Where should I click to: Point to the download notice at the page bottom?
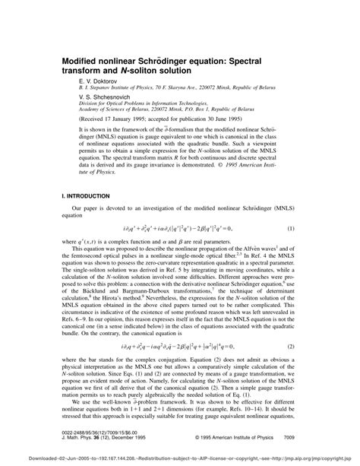click(x=180, y=460)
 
